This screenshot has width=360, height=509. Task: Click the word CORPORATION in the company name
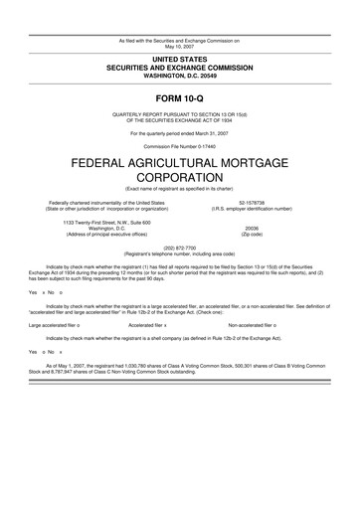point(180,183)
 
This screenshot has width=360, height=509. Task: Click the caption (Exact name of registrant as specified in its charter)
point(180,193)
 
